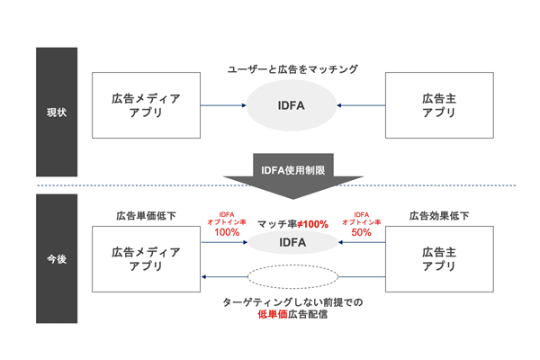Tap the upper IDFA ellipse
(290, 105)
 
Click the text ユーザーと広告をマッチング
(291, 70)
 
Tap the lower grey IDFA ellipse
(290, 242)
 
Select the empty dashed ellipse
(290, 276)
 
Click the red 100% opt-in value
(226, 232)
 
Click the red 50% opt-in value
(360, 232)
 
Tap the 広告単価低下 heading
(146, 216)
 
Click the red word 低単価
(273, 316)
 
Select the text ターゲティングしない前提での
(291, 303)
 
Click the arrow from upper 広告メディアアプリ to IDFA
(222, 105)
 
